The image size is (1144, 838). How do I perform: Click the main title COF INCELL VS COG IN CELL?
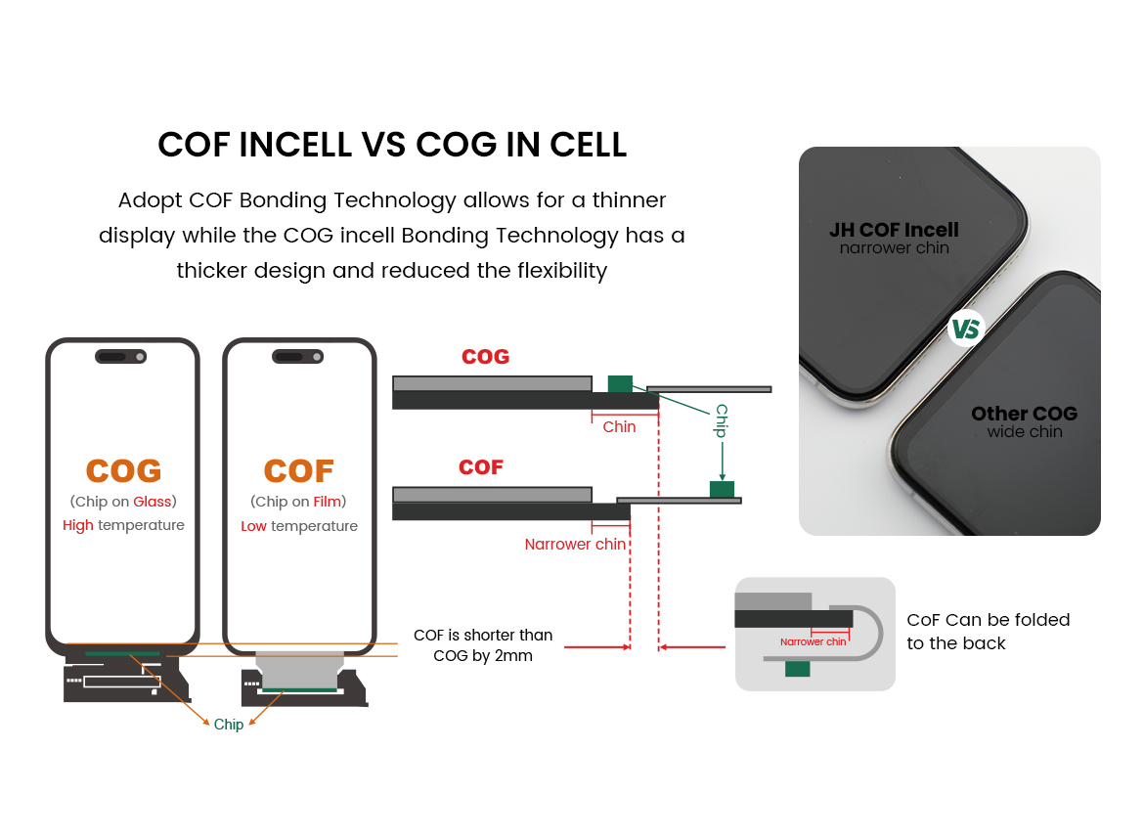pyautogui.click(x=392, y=145)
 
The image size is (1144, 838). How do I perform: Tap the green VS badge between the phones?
pyautogui.click(x=966, y=329)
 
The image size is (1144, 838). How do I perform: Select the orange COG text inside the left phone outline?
pyautogui.click(x=123, y=471)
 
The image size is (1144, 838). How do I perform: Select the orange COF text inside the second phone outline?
pyautogui.click(x=299, y=471)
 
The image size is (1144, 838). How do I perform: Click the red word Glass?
pyautogui.click(x=152, y=502)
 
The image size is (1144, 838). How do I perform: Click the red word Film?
pyautogui.click(x=328, y=502)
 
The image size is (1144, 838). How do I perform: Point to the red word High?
pyautogui.click(x=78, y=526)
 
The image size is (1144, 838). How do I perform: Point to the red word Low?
pyautogui.click(x=254, y=527)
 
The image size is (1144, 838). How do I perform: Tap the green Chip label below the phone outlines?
pyautogui.click(x=229, y=725)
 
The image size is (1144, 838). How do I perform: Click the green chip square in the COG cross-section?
pyautogui.click(x=620, y=383)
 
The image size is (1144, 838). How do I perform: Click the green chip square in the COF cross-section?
pyautogui.click(x=723, y=489)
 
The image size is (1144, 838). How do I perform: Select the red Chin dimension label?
pyautogui.click(x=620, y=427)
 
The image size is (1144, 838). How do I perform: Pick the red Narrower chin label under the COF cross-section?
pyautogui.click(x=575, y=544)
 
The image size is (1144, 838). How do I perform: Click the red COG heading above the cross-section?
pyautogui.click(x=486, y=357)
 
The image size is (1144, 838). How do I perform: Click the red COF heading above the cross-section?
pyautogui.click(x=481, y=467)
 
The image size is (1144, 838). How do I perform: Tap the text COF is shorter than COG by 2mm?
pyautogui.click(x=483, y=645)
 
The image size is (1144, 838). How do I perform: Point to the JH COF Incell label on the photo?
pyautogui.click(x=895, y=230)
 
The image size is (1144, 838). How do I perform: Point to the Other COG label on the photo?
pyautogui.click(x=1025, y=414)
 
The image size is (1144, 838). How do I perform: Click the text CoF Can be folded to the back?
pyautogui.click(x=989, y=632)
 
